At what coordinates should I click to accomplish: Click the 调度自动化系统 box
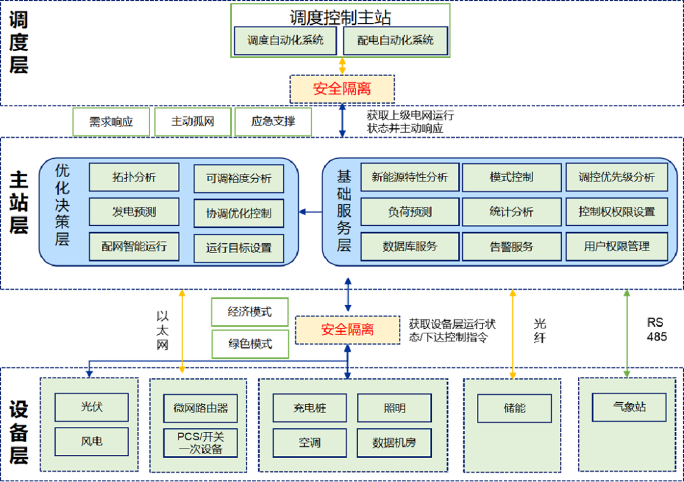(286, 40)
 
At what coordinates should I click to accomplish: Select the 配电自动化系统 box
(395, 40)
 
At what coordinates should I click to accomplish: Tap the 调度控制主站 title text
(340, 16)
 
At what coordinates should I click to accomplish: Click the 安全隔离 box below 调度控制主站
(342, 89)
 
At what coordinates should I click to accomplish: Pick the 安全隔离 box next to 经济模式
(348, 330)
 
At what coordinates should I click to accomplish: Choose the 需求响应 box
(111, 121)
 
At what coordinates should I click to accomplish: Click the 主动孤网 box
(193, 121)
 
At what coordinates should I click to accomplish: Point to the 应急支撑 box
(273, 121)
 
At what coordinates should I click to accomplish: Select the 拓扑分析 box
(134, 177)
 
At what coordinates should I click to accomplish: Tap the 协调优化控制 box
(239, 213)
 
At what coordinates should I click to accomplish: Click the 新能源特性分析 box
(410, 177)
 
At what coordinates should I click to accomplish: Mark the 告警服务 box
(511, 247)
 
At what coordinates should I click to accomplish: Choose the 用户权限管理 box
(616, 247)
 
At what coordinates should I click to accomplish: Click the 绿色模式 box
(250, 344)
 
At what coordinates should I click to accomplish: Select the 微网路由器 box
(200, 408)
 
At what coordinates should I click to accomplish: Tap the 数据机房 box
(394, 443)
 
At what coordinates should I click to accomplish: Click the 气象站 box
(630, 407)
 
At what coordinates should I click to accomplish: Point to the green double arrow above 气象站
(627, 333)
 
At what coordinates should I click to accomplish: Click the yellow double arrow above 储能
(512, 333)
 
